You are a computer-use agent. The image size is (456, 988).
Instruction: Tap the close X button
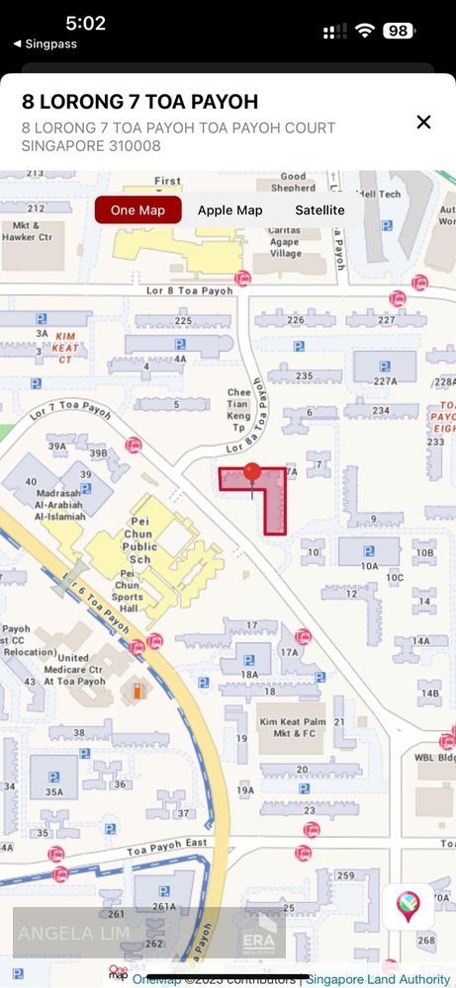click(423, 122)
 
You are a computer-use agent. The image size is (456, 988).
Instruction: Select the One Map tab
click(137, 210)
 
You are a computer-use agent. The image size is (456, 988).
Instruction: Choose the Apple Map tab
click(229, 210)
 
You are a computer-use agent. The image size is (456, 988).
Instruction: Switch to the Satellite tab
click(319, 210)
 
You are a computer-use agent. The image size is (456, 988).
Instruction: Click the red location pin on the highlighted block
click(252, 474)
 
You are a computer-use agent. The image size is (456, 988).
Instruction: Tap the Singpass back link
click(45, 43)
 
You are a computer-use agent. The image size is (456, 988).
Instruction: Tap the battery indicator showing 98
click(398, 31)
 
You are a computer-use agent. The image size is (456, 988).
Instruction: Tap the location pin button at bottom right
click(408, 906)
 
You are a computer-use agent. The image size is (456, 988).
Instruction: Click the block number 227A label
click(384, 381)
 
